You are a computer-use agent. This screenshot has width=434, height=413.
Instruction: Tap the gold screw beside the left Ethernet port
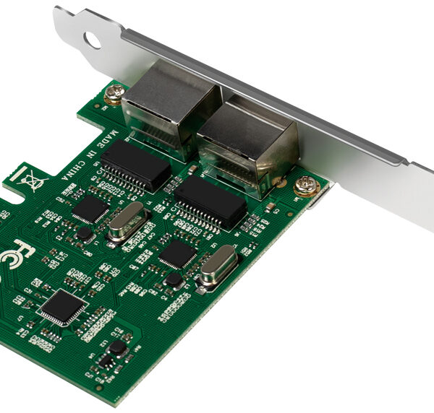click(114, 93)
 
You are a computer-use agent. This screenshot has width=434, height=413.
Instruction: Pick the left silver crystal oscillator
click(127, 220)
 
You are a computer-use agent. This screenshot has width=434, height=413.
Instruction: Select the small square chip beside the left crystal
click(91, 209)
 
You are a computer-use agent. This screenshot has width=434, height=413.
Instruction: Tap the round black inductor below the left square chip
click(85, 234)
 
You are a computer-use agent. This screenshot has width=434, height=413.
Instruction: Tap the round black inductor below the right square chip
click(173, 279)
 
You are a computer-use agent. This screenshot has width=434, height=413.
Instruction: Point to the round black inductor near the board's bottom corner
click(118, 347)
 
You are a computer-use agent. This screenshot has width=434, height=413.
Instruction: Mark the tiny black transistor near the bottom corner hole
click(106, 362)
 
